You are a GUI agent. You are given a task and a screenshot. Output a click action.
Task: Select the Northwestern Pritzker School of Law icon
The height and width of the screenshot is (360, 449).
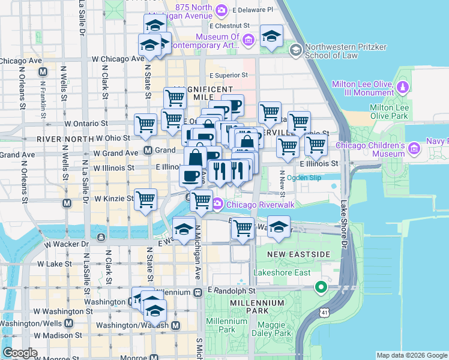tap(295, 50)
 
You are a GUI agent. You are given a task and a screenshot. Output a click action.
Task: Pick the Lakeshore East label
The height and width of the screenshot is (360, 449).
tap(282, 273)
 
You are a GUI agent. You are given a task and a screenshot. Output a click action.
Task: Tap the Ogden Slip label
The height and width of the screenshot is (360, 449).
tap(304, 178)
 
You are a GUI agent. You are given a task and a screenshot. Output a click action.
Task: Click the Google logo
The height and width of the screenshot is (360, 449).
tap(20, 352)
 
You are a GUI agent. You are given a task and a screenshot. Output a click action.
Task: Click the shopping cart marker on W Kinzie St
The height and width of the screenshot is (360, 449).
tap(146, 200)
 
